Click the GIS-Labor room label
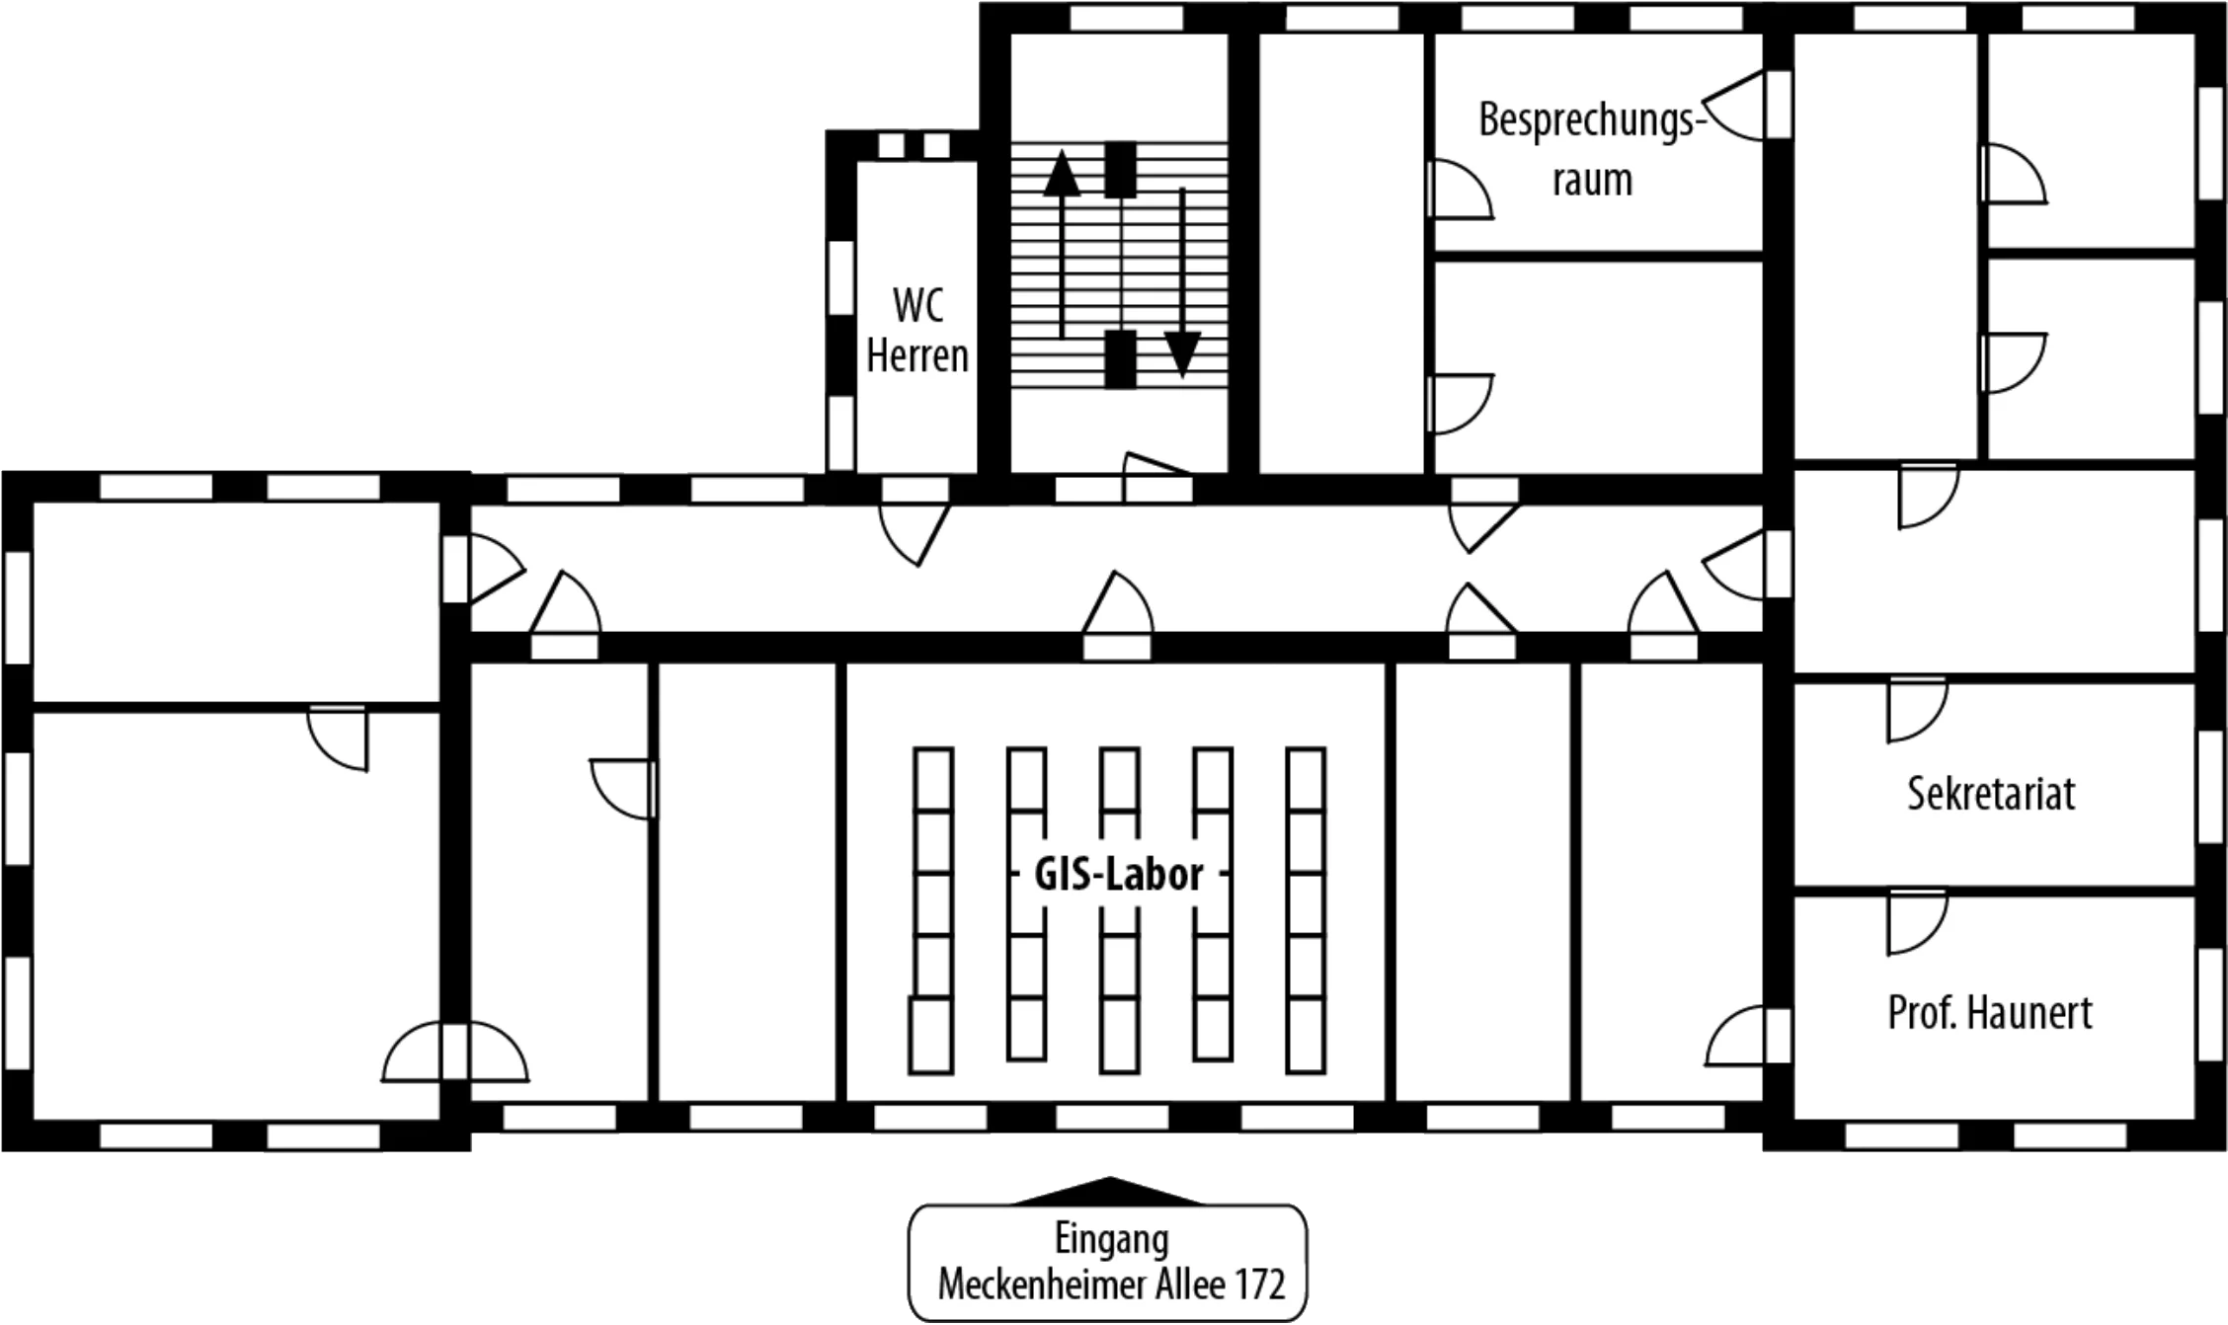[x=1118, y=875]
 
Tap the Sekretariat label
[x=1991, y=794]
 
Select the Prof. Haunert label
[x=1990, y=1013]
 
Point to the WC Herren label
[x=917, y=331]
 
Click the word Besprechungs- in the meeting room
[x=1593, y=120]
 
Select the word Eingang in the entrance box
[x=1111, y=1240]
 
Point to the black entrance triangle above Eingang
[x=1109, y=1191]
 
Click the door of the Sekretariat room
[x=1916, y=709]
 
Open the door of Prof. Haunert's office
[x=1916, y=922]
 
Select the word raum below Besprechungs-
[x=1592, y=181]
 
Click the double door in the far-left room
[x=455, y=1052]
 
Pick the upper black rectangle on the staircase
[x=1120, y=170]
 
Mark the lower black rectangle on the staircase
[x=1120, y=359]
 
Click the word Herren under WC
[x=917, y=355]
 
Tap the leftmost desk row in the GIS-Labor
[x=931, y=910]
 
